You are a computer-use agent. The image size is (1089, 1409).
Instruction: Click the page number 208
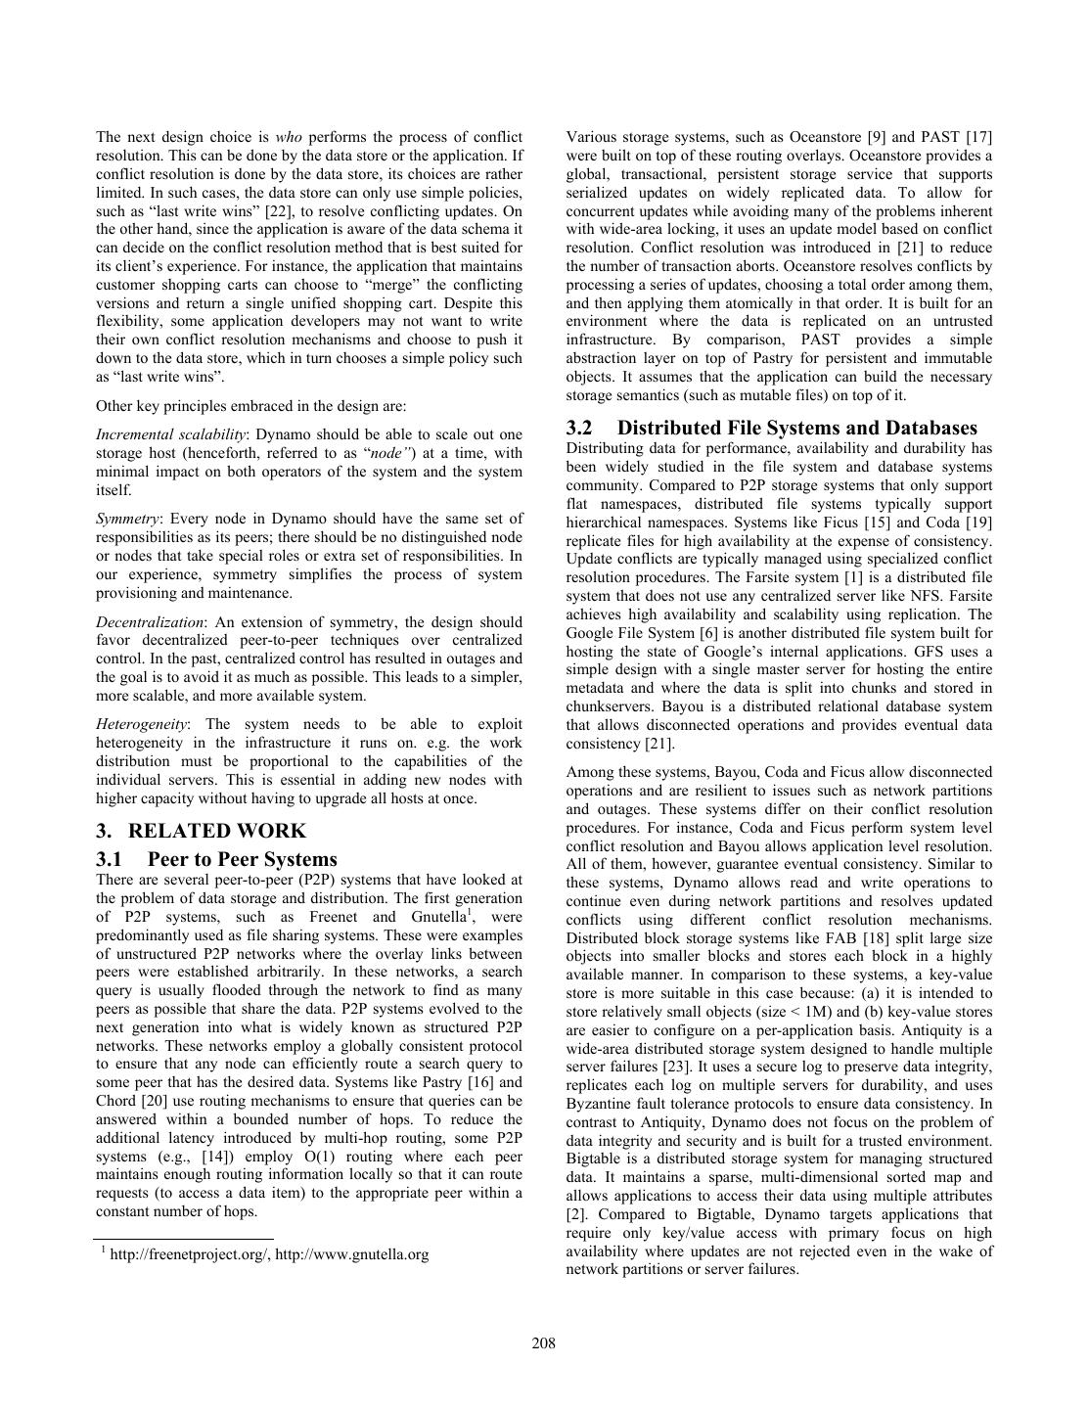pos(544,1343)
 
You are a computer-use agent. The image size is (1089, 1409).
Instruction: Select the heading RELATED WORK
pos(216,831)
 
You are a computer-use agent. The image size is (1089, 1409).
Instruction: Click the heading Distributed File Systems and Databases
pos(796,428)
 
